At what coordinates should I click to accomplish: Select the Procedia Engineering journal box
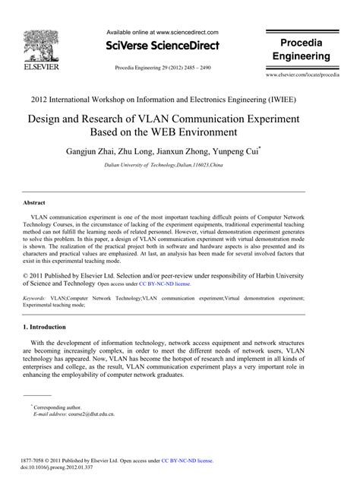click(302, 49)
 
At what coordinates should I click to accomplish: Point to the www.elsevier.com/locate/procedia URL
click(302, 77)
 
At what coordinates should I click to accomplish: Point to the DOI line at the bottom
click(57, 467)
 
